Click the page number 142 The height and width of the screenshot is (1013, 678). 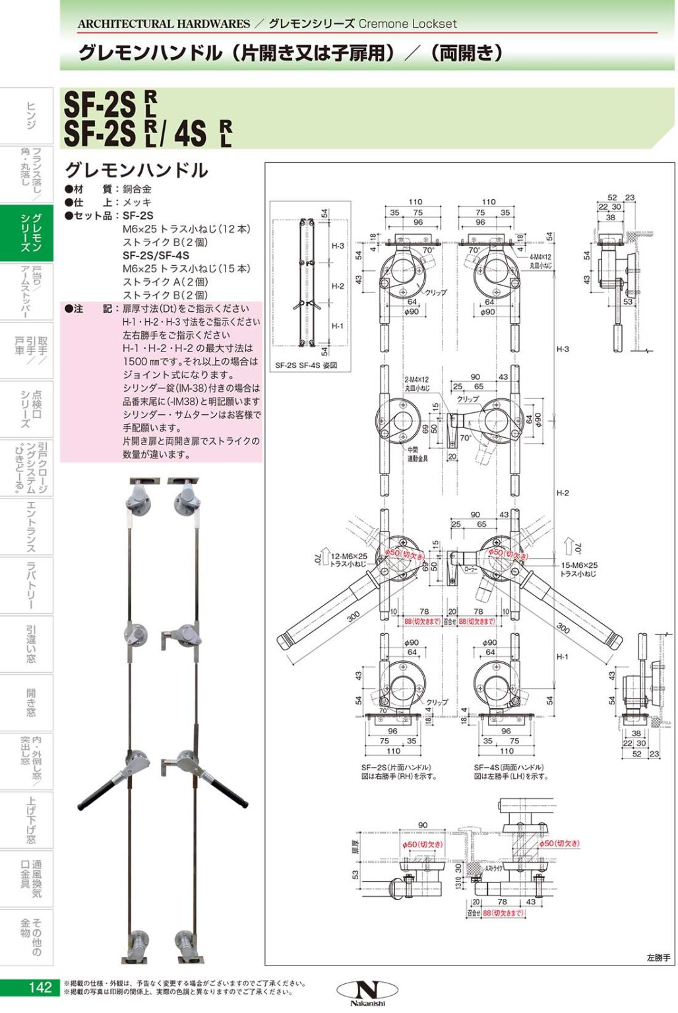point(40,987)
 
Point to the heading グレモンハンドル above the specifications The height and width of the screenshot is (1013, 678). point(137,170)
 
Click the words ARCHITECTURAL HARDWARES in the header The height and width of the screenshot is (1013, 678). point(164,24)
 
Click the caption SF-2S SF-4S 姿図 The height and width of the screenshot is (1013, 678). point(306,365)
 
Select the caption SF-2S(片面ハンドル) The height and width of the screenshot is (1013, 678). point(396,768)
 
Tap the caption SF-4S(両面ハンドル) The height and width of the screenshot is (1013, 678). point(508,768)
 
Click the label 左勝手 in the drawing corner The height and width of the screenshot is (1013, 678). point(658,958)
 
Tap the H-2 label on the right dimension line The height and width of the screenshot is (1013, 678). point(562,493)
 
